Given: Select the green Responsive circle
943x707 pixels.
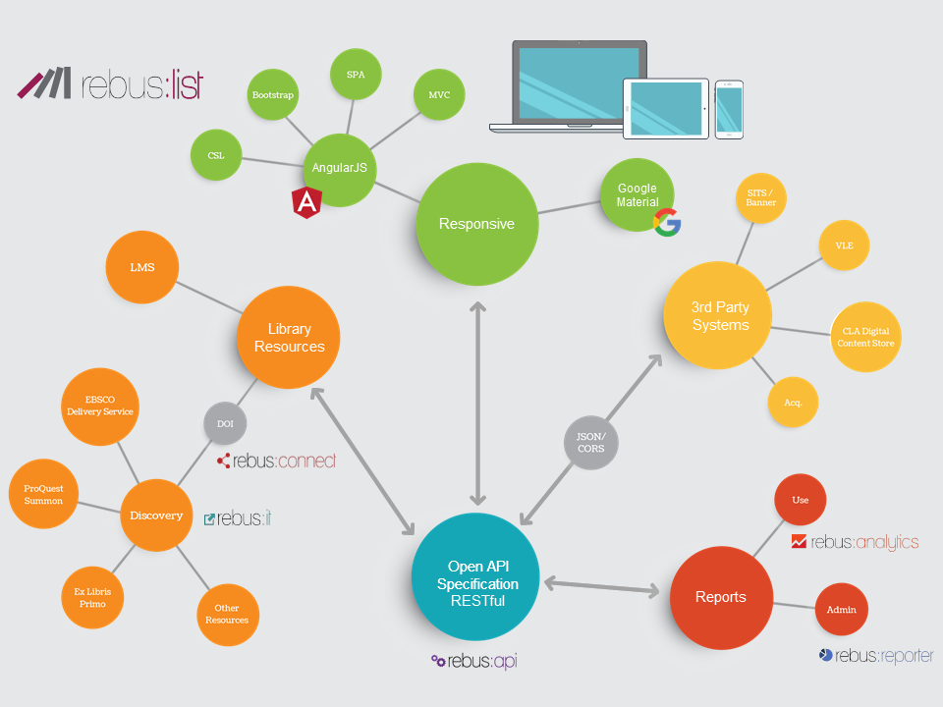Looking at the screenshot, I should pyautogui.click(x=477, y=224).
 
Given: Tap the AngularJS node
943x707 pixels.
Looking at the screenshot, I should pyautogui.click(x=339, y=168).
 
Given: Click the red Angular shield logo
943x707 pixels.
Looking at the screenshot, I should pyautogui.click(x=307, y=202).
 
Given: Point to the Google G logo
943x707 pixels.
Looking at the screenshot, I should pyautogui.click(x=668, y=223).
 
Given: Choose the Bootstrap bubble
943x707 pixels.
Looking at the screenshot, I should pyautogui.click(x=274, y=95).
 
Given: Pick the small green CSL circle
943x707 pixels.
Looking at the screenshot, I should pyautogui.click(x=216, y=155).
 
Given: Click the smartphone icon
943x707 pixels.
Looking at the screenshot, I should pyautogui.click(x=729, y=108).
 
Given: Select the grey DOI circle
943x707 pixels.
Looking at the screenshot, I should pyautogui.click(x=225, y=423).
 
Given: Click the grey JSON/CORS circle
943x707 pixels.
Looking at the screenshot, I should pyautogui.click(x=591, y=443).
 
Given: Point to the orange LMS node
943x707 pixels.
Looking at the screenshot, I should pyautogui.click(x=142, y=267).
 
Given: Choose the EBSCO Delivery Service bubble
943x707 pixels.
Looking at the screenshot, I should pyautogui.click(x=99, y=406).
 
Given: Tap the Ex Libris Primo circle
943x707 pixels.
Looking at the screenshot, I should pyautogui.click(x=92, y=597).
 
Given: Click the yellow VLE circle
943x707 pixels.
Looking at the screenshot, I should pyautogui.click(x=844, y=246).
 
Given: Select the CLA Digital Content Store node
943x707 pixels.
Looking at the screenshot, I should pyautogui.click(x=864, y=337).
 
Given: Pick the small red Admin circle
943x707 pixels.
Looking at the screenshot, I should pyautogui.click(x=842, y=610).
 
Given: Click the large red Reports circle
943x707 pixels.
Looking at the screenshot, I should pyautogui.click(x=720, y=597).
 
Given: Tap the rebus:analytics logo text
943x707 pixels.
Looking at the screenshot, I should pyautogui.click(x=856, y=541).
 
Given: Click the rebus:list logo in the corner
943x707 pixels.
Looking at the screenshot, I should pyautogui.click(x=110, y=84).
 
